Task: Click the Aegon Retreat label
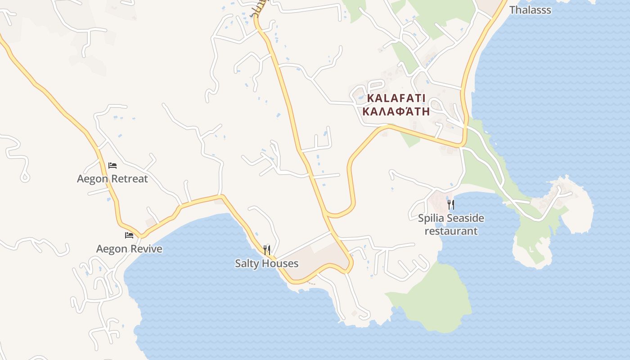pyautogui.click(x=112, y=179)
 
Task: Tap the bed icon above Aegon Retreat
pyautogui.click(x=112, y=166)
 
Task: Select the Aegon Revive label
pyautogui.click(x=129, y=249)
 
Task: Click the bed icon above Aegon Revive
pyautogui.click(x=129, y=235)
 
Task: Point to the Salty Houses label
pyautogui.click(x=266, y=263)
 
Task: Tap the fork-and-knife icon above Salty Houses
pyautogui.click(x=267, y=250)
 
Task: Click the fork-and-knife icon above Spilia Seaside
pyautogui.click(x=451, y=205)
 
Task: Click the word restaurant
pyautogui.click(x=451, y=231)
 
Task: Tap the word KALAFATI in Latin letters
pyautogui.click(x=396, y=98)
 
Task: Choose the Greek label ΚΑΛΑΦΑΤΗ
pyautogui.click(x=396, y=111)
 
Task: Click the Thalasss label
pyautogui.click(x=530, y=10)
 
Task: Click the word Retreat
pyautogui.click(x=129, y=179)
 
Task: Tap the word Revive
pyautogui.click(x=147, y=249)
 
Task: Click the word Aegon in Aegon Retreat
pyautogui.click(x=93, y=179)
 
